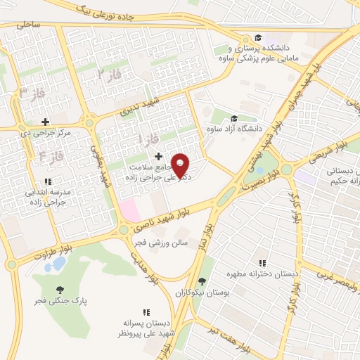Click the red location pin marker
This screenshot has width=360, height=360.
181,165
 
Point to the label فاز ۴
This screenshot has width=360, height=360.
51,155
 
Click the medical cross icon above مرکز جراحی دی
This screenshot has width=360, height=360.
46,122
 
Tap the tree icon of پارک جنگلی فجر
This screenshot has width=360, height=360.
60,289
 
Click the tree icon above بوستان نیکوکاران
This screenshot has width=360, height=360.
203,281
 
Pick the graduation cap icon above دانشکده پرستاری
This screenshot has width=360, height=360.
258,38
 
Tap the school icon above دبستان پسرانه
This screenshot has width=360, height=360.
147,312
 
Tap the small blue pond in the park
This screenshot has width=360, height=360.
58,264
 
